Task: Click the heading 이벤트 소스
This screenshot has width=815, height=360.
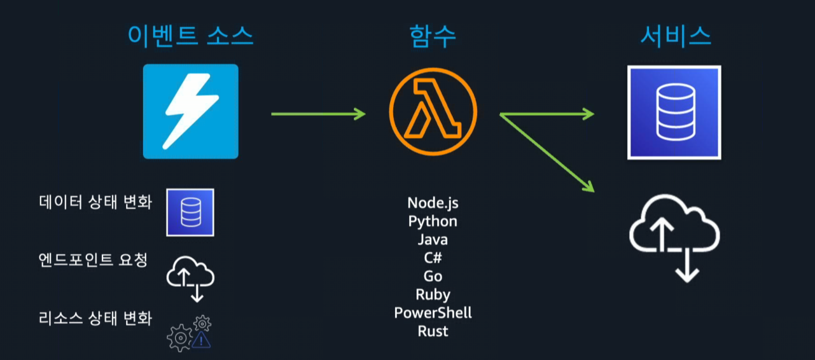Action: (190, 36)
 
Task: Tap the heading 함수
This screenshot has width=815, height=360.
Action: (433, 36)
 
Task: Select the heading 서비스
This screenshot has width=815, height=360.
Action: (675, 36)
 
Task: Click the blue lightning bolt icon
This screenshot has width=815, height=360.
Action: (190, 111)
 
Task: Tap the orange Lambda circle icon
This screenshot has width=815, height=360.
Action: (433, 113)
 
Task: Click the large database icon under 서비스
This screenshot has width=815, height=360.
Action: (674, 112)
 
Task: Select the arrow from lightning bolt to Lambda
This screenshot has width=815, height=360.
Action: (318, 114)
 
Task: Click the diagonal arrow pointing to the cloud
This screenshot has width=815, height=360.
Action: (547, 153)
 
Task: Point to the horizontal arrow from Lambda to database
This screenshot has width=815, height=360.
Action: (547, 114)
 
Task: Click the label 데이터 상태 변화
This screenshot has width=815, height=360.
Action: (95, 202)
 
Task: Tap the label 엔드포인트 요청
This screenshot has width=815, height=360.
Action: (93, 260)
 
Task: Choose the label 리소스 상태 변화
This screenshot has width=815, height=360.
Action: (95, 318)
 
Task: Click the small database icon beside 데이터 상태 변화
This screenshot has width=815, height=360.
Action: (190, 212)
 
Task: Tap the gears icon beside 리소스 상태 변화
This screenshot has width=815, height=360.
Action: (189, 333)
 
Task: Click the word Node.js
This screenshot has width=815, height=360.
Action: (433, 203)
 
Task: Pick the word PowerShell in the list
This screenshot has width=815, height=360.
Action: (433, 313)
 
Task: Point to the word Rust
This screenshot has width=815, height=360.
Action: (433, 331)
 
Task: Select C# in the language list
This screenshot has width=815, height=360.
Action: (433, 258)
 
